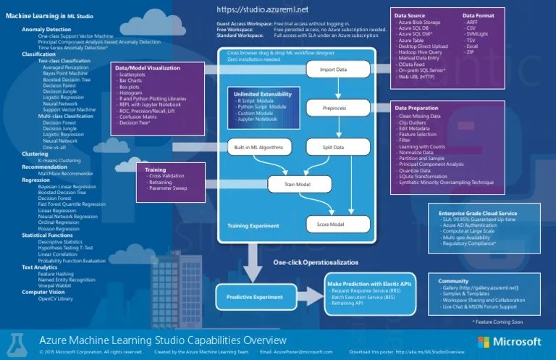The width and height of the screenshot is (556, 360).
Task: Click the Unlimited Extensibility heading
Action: click(259, 95)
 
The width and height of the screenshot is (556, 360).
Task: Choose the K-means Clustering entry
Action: click(59, 160)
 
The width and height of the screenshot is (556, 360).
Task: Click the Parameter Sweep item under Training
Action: click(169, 188)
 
